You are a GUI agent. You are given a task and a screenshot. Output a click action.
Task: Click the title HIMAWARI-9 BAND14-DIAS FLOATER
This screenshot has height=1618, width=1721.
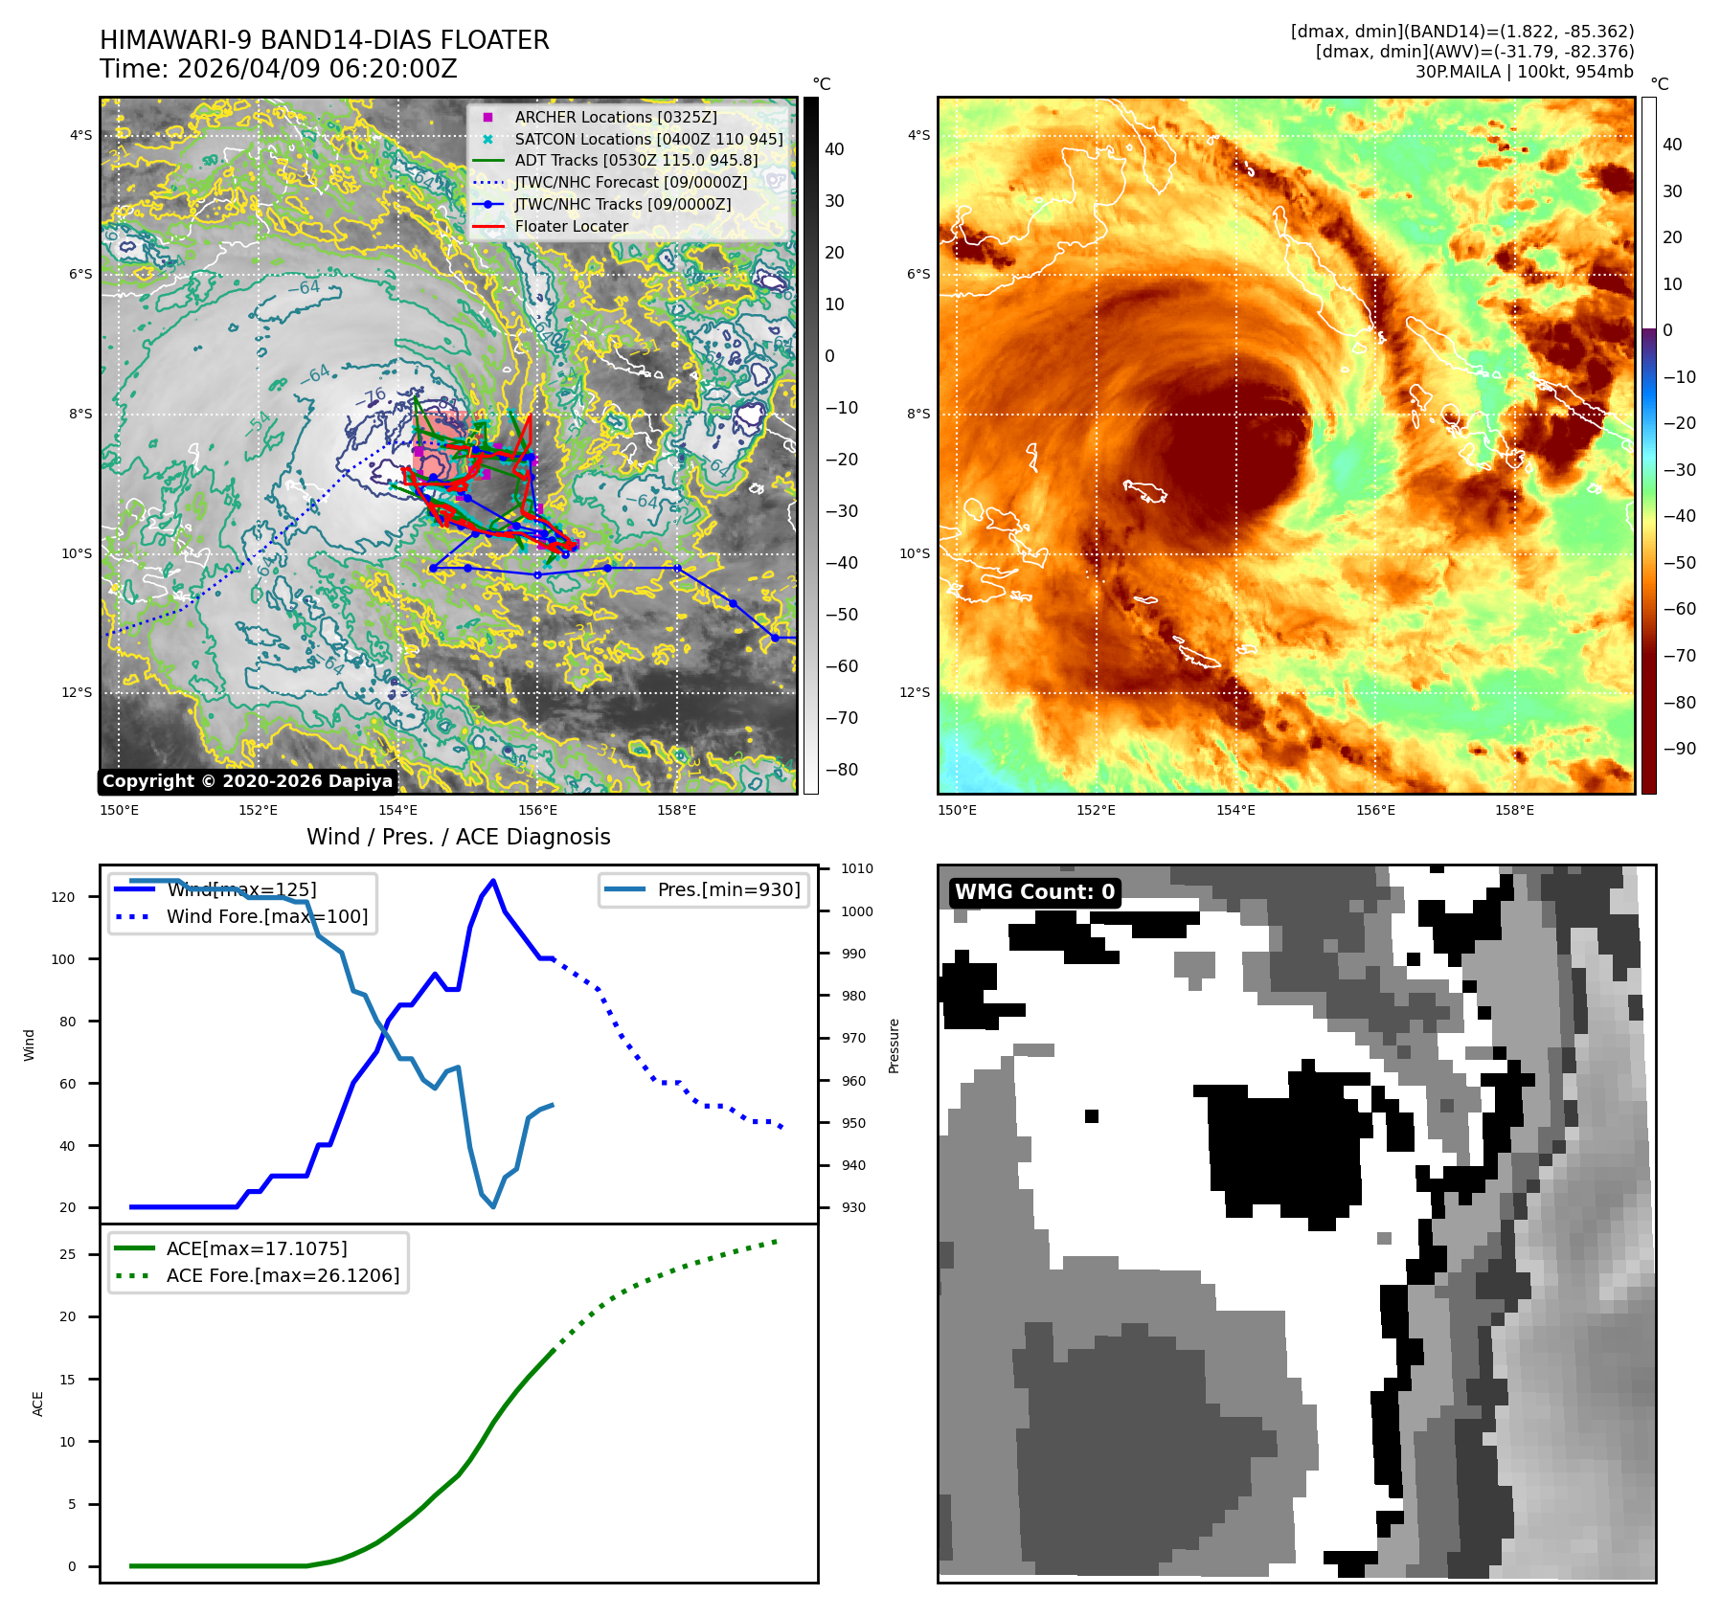pyautogui.click(x=324, y=40)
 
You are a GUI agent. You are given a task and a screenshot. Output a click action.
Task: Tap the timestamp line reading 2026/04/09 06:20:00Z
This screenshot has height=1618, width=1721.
pyautogui.click(x=278, y=69)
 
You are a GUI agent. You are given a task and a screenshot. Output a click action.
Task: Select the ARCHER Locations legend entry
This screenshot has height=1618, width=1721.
pyautogui.click(x=615, y=117)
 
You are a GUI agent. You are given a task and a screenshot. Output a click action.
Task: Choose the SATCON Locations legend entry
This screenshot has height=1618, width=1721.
pyautogui.click(x=647, y=139)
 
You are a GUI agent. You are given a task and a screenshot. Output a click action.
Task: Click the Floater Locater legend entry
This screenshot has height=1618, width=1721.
pyautogui.click(x=571, y=226)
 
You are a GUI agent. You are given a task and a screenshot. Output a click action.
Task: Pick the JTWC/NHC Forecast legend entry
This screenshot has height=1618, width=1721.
pyautogui.click(x=630, y=182)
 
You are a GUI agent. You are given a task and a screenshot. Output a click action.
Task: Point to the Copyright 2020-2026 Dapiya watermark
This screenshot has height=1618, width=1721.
pyautogui.click(x=247, y=781)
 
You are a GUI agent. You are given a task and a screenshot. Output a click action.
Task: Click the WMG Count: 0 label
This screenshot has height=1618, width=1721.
pyautogui.click(x=1034, y=892)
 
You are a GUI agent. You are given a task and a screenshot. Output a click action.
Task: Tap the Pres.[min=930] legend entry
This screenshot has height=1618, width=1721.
pyautogui.click(x=728, y=889)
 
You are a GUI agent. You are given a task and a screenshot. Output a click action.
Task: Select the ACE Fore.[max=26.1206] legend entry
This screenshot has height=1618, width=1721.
pyautogui.click(x=283, y=1275)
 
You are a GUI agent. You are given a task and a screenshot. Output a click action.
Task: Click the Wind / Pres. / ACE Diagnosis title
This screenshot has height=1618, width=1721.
pyautogui.click(x=458, y=837)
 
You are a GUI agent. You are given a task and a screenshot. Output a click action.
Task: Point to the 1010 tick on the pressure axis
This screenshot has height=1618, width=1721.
pyautogui.click(x=857, y=869)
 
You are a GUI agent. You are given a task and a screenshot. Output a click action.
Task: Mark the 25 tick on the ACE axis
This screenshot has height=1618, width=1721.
pyautogui.click(x=67, y=1254)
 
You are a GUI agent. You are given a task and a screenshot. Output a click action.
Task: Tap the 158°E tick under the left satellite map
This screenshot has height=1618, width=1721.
pyautogui.click(x=676, y=811)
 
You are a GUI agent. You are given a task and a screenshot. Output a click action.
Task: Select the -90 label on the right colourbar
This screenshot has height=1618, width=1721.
pyautogui.click(x=1679, y=749)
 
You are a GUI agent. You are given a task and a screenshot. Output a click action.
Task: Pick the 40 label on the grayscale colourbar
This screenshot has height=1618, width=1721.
pyautogui.click(x=834, y=149)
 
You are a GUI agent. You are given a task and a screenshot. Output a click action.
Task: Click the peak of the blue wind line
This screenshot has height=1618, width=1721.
pyautogui.click(x=493, y=880)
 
